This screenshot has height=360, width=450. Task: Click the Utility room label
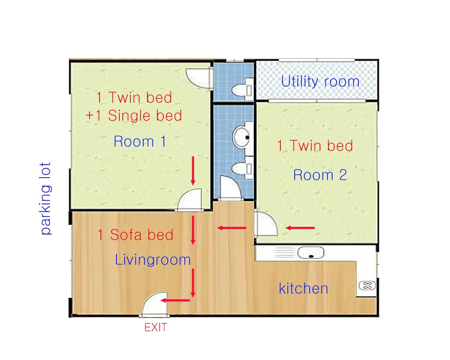320,82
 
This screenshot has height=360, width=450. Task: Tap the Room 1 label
139,142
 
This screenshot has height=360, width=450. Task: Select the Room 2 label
320,175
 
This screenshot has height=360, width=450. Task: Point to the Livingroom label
153,260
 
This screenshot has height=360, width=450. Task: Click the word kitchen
303,288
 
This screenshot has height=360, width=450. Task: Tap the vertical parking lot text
46,198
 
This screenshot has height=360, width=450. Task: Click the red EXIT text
155,328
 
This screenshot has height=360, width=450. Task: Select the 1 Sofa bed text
135,234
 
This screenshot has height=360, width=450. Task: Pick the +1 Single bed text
134,116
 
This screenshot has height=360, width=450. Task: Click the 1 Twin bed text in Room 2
315,146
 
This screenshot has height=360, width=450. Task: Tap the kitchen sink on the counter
310,253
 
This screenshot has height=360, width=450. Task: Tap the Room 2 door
264,224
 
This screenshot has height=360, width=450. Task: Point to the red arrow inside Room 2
300,228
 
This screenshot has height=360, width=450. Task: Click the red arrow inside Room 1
193,171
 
